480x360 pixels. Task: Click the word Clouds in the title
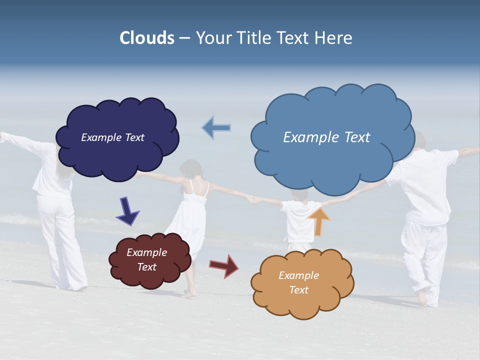click(146, 38)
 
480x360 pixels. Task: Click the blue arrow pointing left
click(216, 127)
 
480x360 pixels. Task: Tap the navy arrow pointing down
click(127, 211)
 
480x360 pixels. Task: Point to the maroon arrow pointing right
click(224, 265)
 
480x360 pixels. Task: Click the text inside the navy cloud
click(112, 137)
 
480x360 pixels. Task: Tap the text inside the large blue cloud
click(326, 137)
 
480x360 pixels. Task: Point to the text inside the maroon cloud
click(146, 259)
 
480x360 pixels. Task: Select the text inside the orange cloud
click(298, 282)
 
